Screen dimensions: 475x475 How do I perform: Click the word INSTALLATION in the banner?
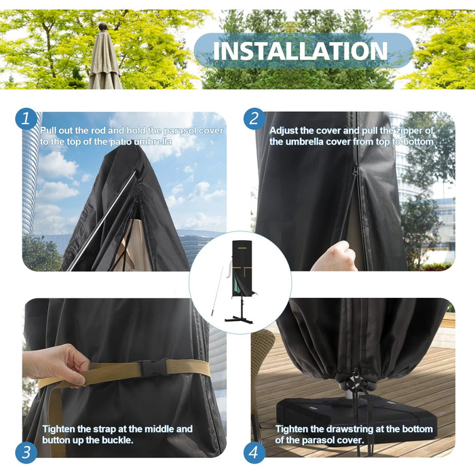(300, 51)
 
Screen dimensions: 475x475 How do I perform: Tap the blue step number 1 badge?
(26, 119)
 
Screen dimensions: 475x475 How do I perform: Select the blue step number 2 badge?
(254, 119)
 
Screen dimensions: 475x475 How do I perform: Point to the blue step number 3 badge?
(26, 453)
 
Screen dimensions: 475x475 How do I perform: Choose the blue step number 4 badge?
(254, 453)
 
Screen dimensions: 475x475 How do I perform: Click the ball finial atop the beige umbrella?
(103, 26)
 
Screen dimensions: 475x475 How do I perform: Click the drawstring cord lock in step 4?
(356, 380)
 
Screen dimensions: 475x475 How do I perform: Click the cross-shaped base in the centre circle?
(238, 319)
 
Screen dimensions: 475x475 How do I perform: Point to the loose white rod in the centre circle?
(217, 291)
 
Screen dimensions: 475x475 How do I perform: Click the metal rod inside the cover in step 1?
(102, 221)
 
